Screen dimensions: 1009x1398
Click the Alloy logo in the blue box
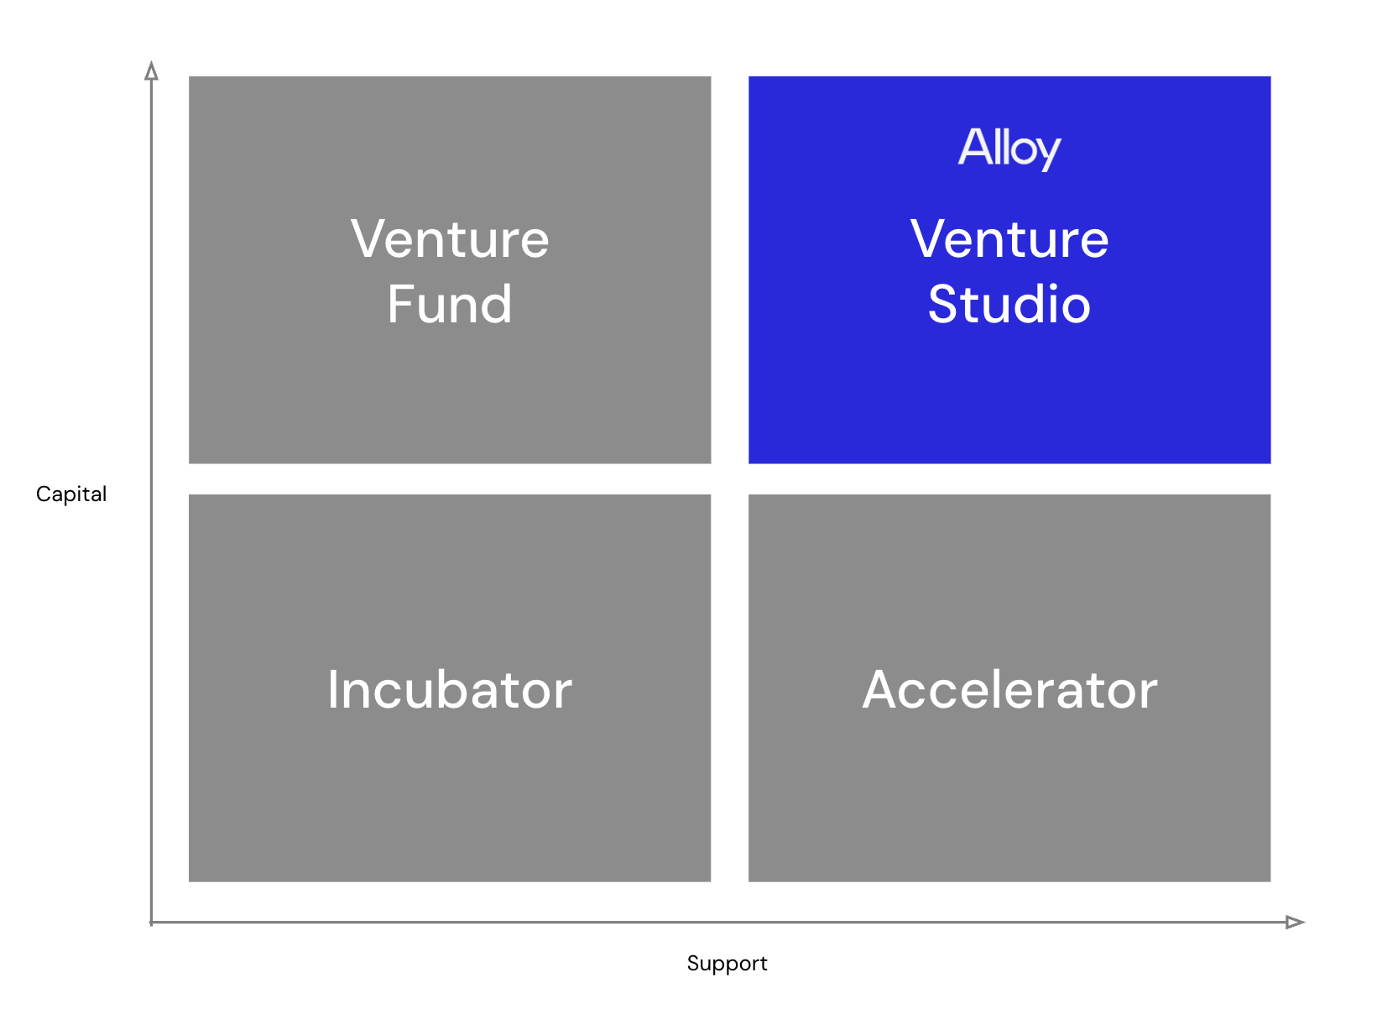(1009, 149)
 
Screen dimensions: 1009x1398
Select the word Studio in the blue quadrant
(1009, 304)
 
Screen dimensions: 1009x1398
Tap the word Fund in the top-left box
(450, 304)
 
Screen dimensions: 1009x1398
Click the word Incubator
(450, 690)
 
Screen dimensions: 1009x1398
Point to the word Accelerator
(1009, 690)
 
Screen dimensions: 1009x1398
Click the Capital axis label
(71, 494)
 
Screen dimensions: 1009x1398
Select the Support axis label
(727, 963)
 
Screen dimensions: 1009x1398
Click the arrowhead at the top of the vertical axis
(151, 71)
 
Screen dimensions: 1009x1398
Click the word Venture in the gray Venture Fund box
(450, 239)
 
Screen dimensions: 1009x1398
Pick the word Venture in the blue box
(1009, 239)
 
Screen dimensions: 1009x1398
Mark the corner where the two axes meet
(151, 923)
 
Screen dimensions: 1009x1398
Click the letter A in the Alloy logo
(973, 147)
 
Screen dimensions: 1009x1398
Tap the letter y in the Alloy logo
(1049, 153)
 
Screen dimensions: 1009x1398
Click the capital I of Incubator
(333, 690)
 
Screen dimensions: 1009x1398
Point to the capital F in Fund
(399, 304)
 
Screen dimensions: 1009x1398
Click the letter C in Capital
(42, 494)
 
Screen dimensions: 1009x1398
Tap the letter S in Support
(692, 962)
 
